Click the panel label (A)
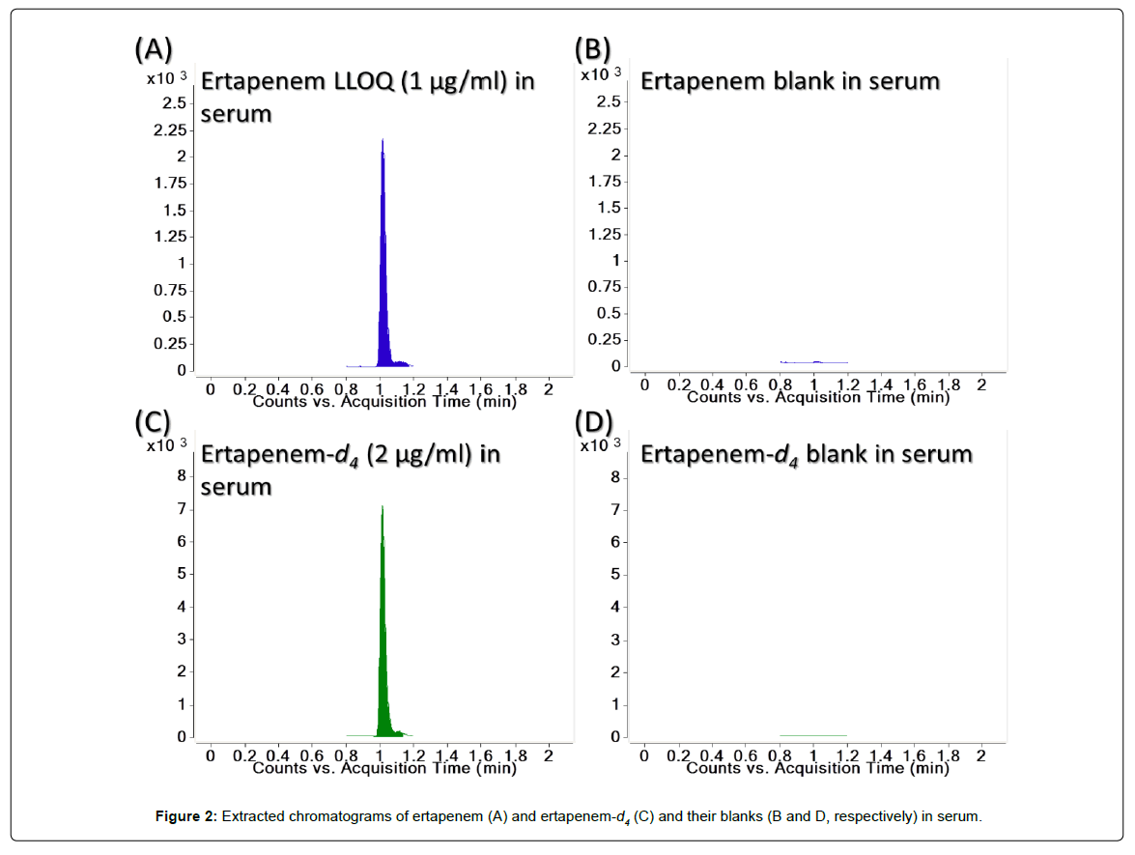(x=154, y=49)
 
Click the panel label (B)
(x=592, y=49)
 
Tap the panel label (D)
(x=592, y=422)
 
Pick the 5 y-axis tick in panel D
(x=614, y=575)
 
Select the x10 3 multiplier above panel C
(x=163, y=445)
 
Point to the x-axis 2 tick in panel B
(x=981, y=385)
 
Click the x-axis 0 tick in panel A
(x=211, y=387)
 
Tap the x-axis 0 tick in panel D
(x=644, y=756)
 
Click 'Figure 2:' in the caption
(x=186, y=817)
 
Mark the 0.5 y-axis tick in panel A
(x=174, y=317)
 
